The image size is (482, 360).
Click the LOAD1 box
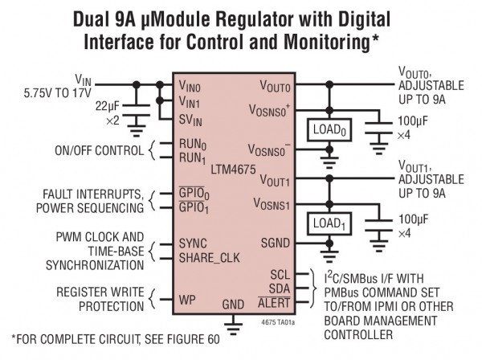[329, 224]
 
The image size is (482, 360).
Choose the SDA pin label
[280, 288]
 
